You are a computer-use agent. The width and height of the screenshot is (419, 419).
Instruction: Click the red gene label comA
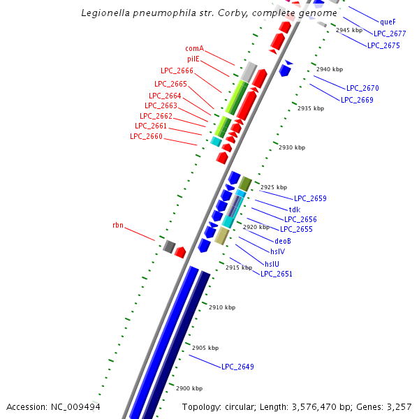194,48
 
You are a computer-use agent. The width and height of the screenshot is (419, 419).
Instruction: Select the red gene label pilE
193,59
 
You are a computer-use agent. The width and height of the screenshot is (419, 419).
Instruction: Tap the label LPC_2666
177,71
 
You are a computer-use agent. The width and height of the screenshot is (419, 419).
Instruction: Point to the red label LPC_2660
146,136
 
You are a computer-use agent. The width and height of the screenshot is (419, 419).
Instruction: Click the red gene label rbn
117,226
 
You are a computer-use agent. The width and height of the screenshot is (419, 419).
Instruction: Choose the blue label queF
388,22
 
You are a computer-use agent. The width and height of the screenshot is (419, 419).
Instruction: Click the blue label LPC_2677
390,33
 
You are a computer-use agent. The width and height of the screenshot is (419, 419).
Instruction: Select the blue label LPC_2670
362,88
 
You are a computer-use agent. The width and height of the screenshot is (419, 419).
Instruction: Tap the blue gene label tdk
294,209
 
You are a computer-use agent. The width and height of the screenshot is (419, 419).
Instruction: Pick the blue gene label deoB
282,240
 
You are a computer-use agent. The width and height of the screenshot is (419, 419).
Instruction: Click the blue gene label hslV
277,251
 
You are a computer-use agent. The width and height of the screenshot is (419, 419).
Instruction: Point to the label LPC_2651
277,274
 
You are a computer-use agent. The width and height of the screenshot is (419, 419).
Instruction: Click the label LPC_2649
237,367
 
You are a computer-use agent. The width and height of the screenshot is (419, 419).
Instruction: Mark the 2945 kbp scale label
349,30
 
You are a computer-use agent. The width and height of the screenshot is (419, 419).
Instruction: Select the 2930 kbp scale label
292,147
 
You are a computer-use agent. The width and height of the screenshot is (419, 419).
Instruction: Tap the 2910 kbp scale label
222,307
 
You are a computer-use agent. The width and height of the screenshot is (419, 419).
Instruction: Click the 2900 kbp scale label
189,388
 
